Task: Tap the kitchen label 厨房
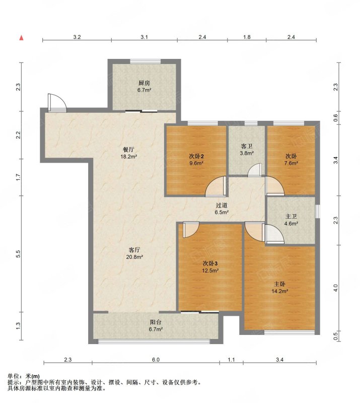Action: pyautogui.click(x=144, y=83)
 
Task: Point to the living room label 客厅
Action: pyautogui.click(x=134, y=250)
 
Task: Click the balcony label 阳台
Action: pyautogui.click(x=156, y=322)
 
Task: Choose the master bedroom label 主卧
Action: pyautogui.click(x=279, y=284)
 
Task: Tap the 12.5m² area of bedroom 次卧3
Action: pyautogui.click(x=210, y=271)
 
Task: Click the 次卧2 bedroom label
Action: pyautogui.click(x=196, y=156)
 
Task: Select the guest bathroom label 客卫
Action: pyautogui.click(x=247, y=147)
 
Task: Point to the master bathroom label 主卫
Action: pyautogui.click(x=291, y=217)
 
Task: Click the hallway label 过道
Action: pyautogui.click(x=222, y=206)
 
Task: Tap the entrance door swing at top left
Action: pyautogui.click(x=57, y=103)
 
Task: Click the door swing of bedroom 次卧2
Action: pyautogui.click(x=216, y=187)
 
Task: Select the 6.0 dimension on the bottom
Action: pyautogui.click(x=156, y=360)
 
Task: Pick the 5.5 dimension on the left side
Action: pyautogui.click(x=18, y=254)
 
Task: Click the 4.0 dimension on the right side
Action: pyautogui.click(x=335, y=288)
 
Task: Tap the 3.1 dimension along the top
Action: pyautogui.click(x=144, y=37)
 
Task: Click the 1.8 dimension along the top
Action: pyautogui.click(x=247, y=37)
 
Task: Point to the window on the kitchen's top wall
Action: pyautogui.click(x=145, y=61)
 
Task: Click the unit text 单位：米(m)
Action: pyautogui.click(x=24, y=376)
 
